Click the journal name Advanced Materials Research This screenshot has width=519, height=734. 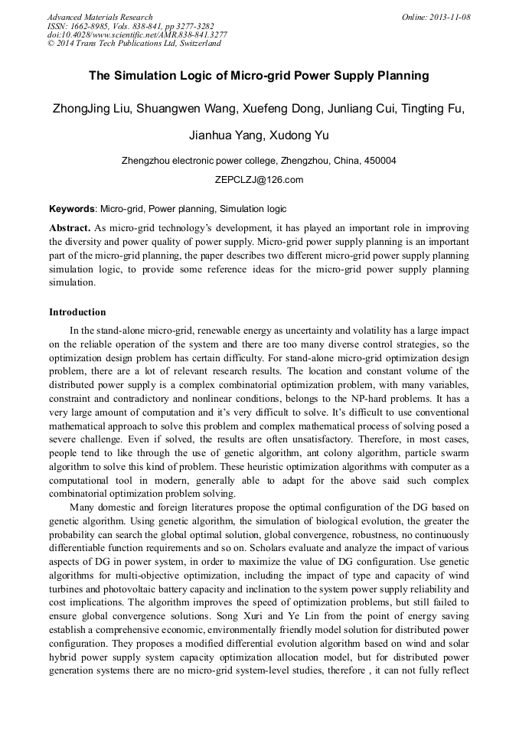click(x=100, y=17)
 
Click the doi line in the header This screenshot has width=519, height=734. click(x=137, y=34)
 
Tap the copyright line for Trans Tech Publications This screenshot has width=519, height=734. click(x=134, y=44)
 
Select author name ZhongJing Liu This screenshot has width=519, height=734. click(x=91, y=109)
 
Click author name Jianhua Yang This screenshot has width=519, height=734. click(x=222, y=135)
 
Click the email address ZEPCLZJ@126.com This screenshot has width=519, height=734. click(x=259, y=180)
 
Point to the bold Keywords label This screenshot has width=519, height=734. click(x=73, y=208)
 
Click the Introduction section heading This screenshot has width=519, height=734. click(x=77, y=312)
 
